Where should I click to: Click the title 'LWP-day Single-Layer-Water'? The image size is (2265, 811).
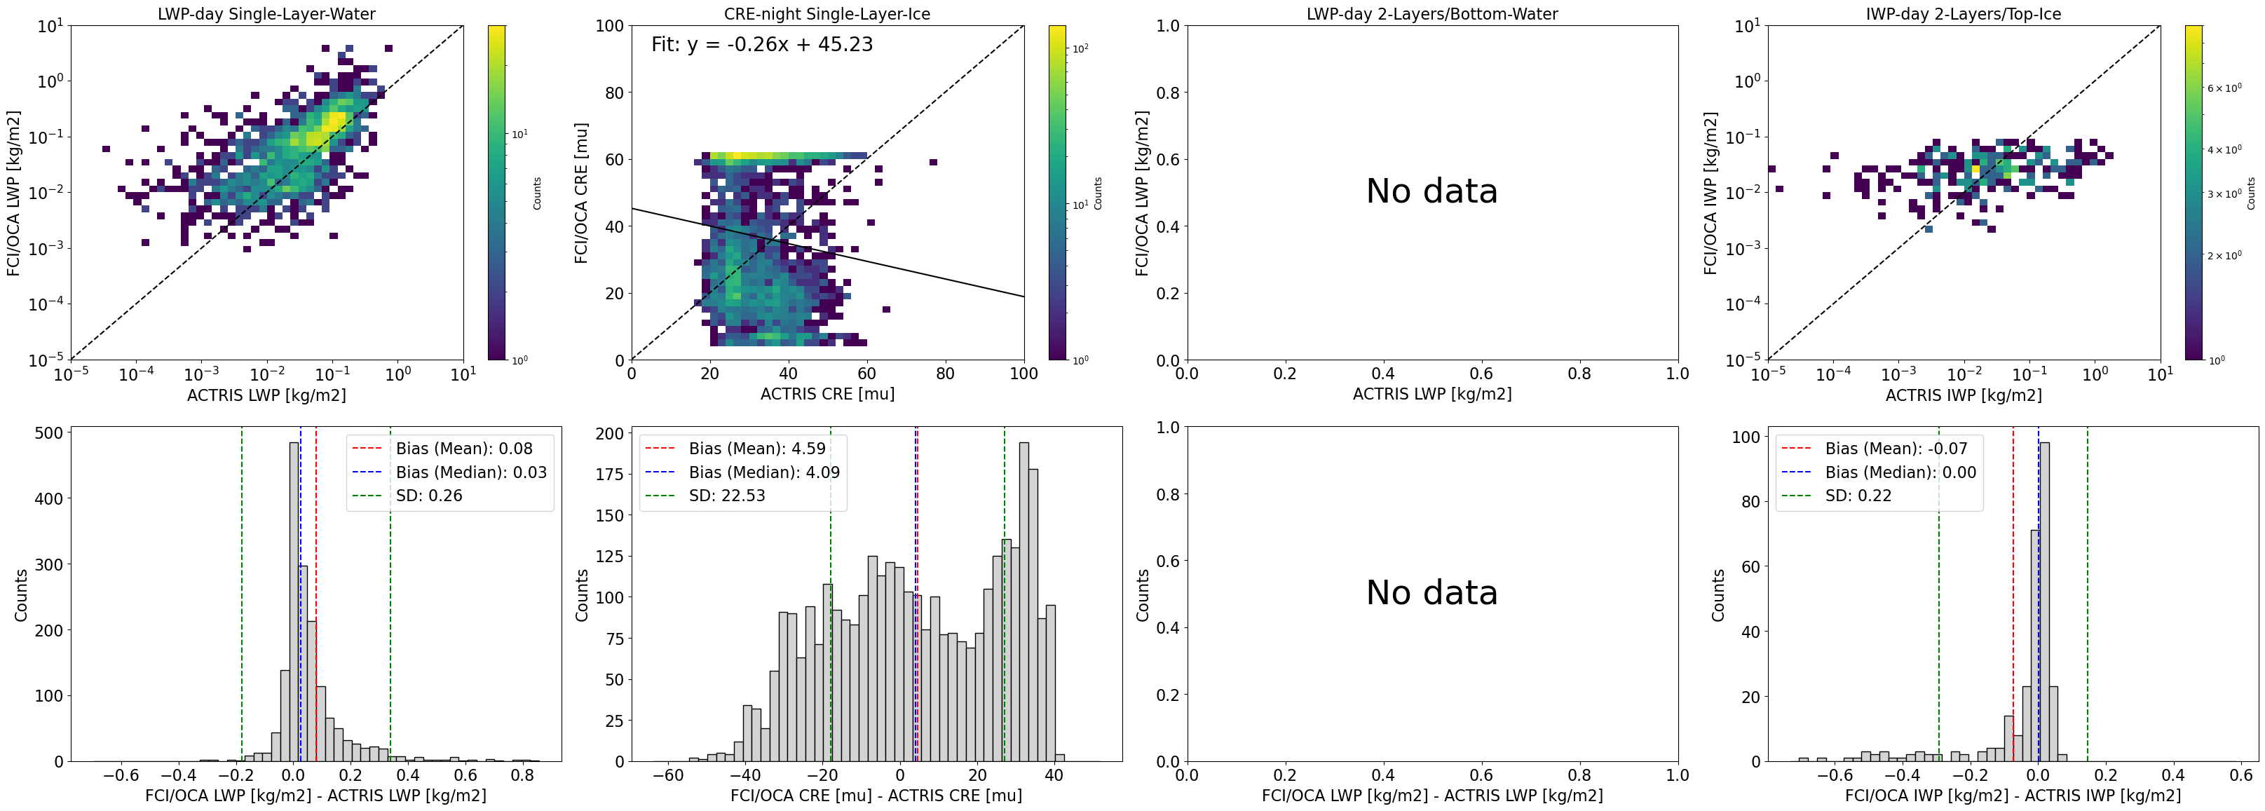266,14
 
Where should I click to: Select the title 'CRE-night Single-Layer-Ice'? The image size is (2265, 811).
827,14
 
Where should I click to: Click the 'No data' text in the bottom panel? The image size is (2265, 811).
1431,593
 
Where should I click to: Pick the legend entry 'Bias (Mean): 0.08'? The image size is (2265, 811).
463,449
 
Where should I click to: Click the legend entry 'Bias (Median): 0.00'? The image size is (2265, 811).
1900,472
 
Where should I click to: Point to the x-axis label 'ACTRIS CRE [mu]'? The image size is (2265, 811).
827,394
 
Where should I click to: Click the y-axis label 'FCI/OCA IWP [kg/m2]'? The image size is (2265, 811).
1710,193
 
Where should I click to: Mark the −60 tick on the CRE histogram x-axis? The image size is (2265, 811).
668,776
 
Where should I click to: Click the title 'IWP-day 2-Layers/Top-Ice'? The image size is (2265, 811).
1963,14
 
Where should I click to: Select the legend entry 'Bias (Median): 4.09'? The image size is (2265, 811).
763,472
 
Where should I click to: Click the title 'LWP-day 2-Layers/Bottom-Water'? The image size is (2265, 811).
1431,14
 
